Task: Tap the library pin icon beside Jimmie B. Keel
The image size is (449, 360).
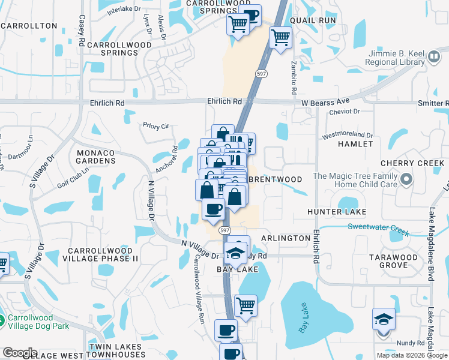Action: point(434,58)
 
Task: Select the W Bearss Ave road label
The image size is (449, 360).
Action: point(325,103)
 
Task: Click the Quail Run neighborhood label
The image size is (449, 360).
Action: point(312,20)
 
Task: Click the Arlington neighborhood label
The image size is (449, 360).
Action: point(286,238)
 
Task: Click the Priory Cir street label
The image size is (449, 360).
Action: point(157,126)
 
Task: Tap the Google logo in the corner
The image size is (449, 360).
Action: point(20,353)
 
